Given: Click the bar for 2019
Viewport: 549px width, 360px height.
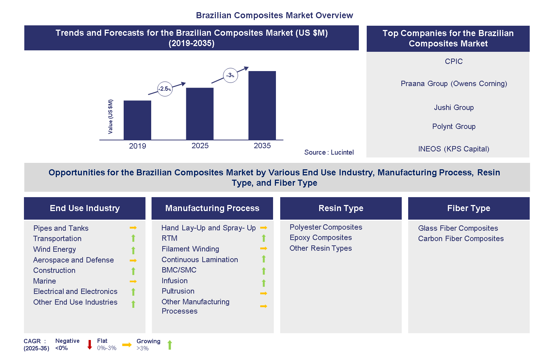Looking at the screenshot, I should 137,120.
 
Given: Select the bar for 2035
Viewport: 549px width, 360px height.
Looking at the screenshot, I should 262,105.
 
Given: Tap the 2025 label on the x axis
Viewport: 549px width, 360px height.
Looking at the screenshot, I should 200,146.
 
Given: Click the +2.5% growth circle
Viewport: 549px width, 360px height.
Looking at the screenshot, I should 165,89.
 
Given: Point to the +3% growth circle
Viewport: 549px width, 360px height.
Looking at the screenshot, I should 230,75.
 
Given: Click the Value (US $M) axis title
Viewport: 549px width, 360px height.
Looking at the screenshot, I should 110,117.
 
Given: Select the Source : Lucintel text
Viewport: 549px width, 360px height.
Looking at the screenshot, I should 329,152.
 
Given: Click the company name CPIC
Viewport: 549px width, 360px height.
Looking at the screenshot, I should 454,61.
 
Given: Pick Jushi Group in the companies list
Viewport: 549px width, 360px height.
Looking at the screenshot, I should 454,107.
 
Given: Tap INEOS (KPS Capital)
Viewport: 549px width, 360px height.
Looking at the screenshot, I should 454,149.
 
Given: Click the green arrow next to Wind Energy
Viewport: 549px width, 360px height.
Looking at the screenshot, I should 133,250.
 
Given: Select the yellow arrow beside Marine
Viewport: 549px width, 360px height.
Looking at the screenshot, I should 133,281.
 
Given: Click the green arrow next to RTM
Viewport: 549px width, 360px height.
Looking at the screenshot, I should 264,238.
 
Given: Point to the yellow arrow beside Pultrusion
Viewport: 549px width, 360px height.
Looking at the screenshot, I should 264,294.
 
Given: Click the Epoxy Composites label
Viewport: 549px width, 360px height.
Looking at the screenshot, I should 321,238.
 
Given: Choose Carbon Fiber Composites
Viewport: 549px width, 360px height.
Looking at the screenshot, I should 461,239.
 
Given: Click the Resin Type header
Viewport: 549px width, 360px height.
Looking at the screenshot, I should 341,208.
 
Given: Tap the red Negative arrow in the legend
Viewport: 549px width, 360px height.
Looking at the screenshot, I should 90,345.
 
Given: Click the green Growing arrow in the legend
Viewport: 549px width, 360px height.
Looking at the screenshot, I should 170,345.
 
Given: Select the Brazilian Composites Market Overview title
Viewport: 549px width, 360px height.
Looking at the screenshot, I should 274,15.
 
